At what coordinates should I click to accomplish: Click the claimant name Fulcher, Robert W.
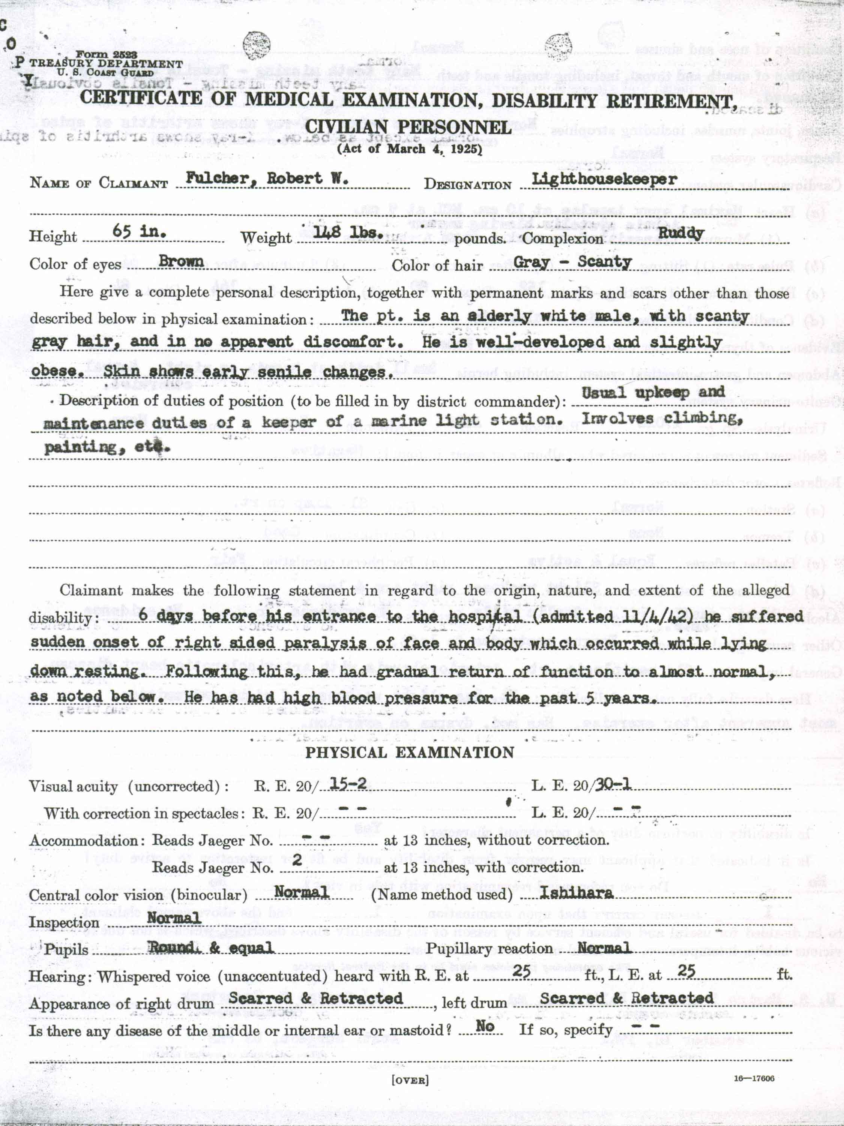tap(267, 178)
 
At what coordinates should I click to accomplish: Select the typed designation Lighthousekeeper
tap(604, 179)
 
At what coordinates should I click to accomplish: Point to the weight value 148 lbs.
tap(348, 233)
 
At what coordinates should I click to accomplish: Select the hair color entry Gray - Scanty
tap(572, 262)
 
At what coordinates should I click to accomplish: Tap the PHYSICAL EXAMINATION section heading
tap(410, 753)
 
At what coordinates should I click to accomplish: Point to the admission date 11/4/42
tap(657, 616)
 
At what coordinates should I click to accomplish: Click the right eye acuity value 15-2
tap(348, 784)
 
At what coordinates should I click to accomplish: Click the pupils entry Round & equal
tap(210, 948)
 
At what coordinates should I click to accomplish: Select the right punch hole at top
tap(558, 46)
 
